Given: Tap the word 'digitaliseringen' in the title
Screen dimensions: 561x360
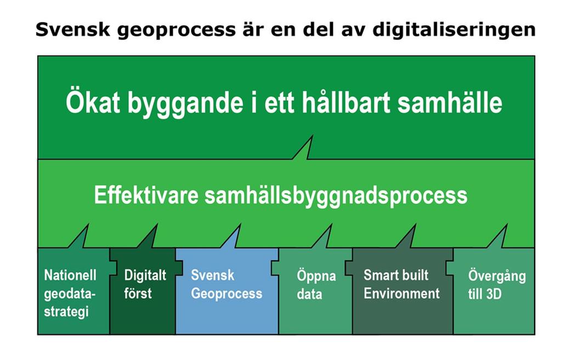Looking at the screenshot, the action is tap(454, 30).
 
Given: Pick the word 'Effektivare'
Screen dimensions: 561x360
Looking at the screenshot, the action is tap(146, 195).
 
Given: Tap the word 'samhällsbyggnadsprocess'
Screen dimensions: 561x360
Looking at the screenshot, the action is tap(336, 196).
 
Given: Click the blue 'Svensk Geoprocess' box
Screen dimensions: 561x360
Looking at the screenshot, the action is tap(227, 291).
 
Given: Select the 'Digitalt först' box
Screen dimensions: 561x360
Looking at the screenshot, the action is tap(143, 291).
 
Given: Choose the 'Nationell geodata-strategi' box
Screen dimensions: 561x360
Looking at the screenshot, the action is tap(73, 291).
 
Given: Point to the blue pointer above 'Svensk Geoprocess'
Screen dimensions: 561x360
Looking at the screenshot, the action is tap(233, 238).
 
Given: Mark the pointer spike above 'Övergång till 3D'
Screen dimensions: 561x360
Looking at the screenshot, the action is tap(500, 238).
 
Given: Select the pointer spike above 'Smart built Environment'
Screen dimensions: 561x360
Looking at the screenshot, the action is tap(408, 238).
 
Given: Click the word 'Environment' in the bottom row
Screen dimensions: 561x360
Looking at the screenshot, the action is tap(401, 294).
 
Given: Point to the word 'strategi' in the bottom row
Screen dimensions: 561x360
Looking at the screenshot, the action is tap(66, 311).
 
